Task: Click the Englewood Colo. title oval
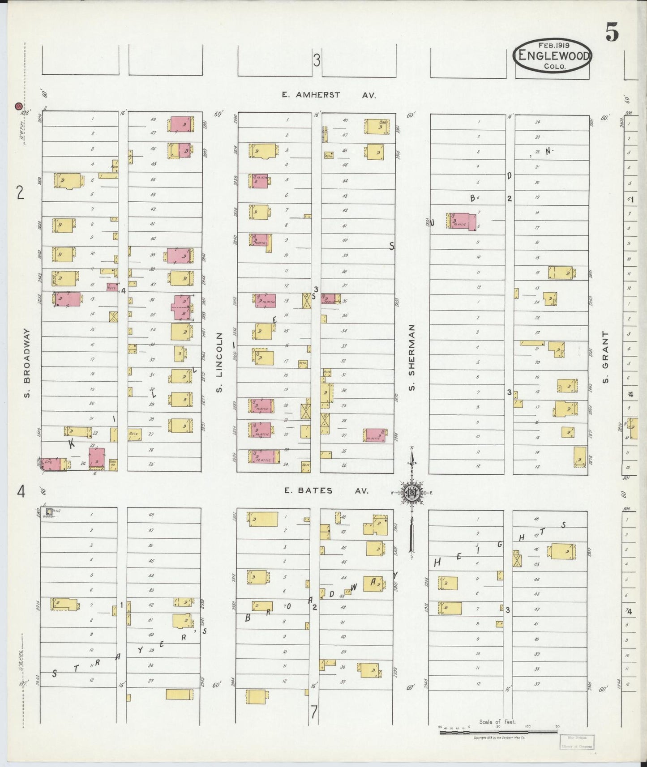553,55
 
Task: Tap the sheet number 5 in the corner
612,32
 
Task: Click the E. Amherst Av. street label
329,95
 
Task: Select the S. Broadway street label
27,363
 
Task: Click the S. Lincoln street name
220,362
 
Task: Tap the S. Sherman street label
412,357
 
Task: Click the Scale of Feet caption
497,722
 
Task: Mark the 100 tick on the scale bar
528,727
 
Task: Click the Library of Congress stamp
577,741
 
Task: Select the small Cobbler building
48,511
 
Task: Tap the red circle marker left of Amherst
18,106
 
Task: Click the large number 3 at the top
317,60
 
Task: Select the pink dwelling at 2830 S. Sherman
461,221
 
